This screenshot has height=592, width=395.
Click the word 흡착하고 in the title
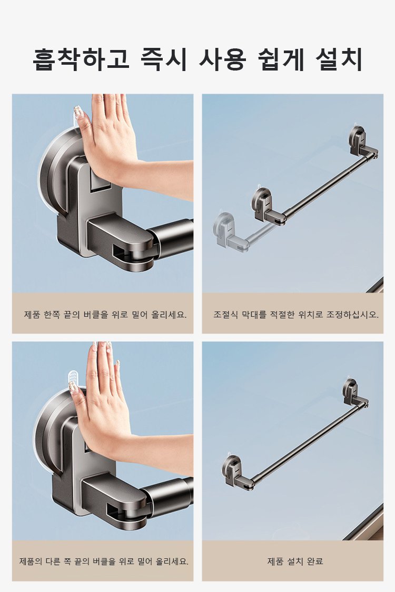pyautogui.click(x=81, y=59)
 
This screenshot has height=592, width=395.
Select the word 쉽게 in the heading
pyautogui.click(x=281, y=59)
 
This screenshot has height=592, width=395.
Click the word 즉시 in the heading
pyautogui.click(x=164, y=59)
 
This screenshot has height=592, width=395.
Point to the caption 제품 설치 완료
pyautogui.click(x=295, y=561)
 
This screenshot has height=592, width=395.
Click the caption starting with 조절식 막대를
pyautogui.click(x=296, y=315)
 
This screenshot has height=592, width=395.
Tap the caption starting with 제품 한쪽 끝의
pyautogui.click(x=105, y=315)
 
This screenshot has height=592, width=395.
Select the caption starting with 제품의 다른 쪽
pyautogui.click(x=104, y=561)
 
